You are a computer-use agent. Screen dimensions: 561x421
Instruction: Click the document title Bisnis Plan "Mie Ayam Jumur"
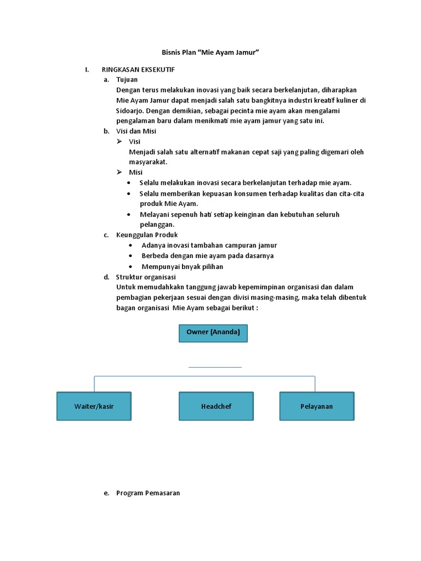click(210, 52)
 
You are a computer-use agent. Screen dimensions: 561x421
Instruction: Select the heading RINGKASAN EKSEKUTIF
click(138, 70)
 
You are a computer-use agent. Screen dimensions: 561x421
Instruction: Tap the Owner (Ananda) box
click(213, 333)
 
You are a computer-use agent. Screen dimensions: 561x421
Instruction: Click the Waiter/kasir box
click(94, 407)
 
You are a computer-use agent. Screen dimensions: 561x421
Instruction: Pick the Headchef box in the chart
click(216, 407)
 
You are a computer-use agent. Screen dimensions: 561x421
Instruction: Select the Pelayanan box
click(316, 407)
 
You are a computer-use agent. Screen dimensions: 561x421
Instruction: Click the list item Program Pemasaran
click(148, 493)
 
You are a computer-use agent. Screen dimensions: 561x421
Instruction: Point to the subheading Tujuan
click(127, 79)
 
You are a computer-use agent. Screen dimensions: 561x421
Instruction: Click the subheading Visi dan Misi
click(136, 131)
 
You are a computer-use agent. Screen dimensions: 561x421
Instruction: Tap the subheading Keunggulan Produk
click(147, 235)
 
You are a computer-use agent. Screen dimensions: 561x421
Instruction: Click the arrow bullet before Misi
click(119, 172)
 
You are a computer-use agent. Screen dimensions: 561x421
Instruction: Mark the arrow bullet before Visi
click(119, 141)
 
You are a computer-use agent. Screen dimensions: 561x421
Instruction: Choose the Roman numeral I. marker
click(87, 70)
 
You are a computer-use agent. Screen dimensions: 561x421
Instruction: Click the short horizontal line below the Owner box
click(215, 367)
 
